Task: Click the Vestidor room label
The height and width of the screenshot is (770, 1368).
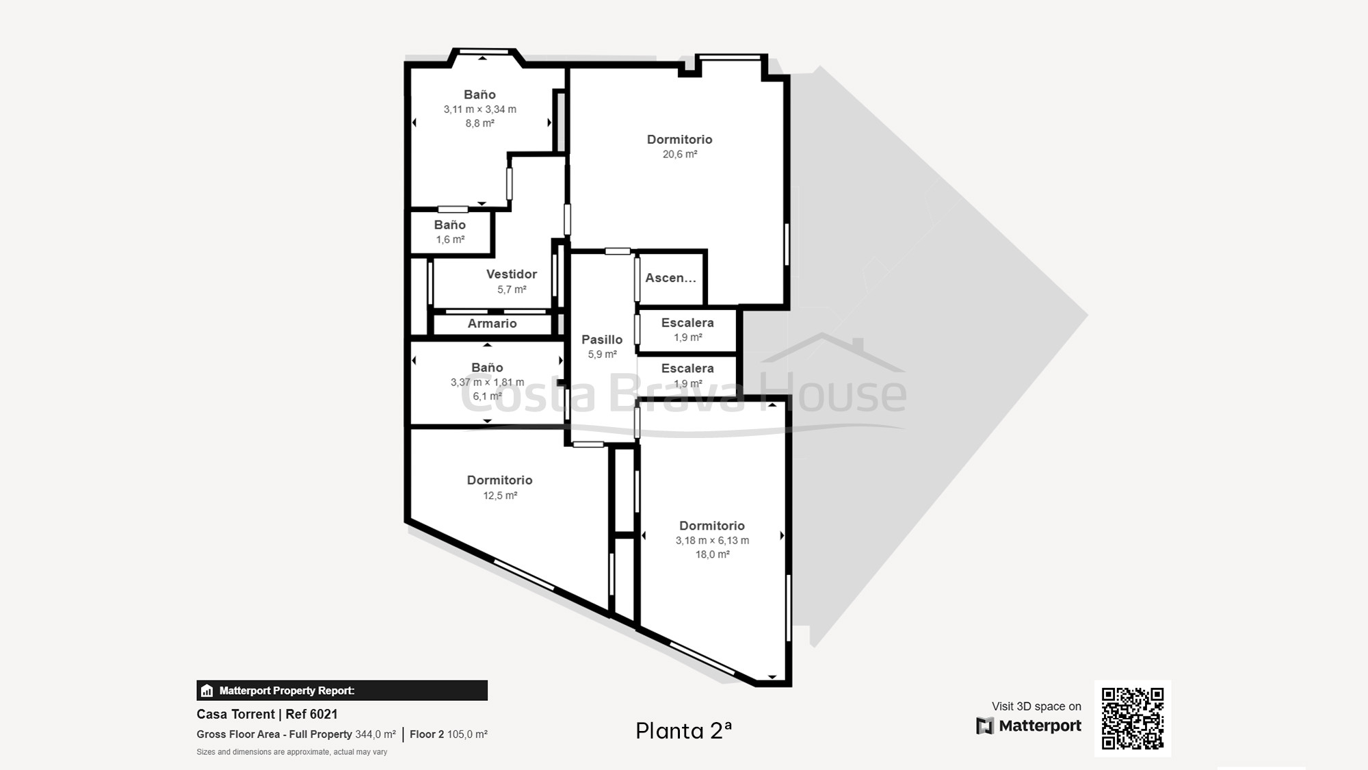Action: [x=512, y=274]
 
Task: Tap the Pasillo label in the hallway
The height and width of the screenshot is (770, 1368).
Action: [x=602, y=339]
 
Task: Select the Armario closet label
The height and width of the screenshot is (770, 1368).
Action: [x=492, y=324]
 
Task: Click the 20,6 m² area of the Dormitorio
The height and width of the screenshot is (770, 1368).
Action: [x=680, y=155]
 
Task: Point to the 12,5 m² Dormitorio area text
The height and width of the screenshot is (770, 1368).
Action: [x=500, y=496]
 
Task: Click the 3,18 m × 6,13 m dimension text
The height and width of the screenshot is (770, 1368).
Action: [x=712, y=541]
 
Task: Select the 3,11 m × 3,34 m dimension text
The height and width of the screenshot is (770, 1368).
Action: [x=479, y=110]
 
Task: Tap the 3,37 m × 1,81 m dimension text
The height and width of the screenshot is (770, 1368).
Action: [x=487, y=383]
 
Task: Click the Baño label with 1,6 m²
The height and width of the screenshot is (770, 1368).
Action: [x=450, y=225]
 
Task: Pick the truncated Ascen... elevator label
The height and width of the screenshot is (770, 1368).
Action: [x=670, y=278]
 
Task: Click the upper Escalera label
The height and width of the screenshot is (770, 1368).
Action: [x=687, y=323]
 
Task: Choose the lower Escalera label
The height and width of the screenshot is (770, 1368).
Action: [x=687, y=368]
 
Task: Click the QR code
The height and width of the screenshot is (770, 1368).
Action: [x=1133, y=719]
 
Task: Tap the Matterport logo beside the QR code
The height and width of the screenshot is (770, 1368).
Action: [x=1029, y=726]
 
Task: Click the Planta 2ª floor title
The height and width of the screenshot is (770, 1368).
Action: [x=683, y=731]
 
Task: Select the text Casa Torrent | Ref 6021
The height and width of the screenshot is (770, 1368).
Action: [x=267, y=714]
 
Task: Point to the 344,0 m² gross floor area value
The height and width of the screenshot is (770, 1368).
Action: [x=376, y=734]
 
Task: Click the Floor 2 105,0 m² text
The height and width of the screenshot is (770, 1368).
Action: [x=449, y=734]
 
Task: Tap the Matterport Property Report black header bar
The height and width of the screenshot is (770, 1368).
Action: [x=342, y=691]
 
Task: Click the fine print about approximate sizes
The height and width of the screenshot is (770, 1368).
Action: [x=292, y=752]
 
